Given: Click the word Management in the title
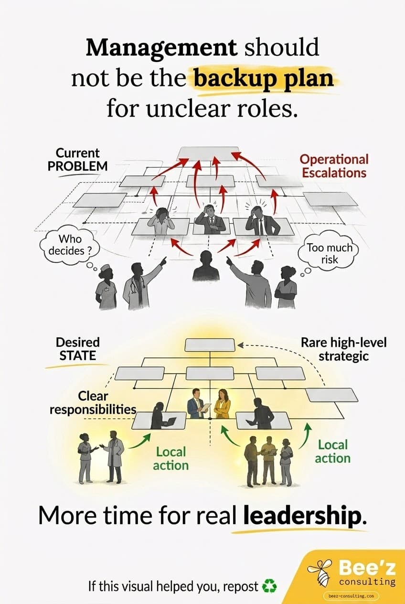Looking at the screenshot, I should pos(161,48).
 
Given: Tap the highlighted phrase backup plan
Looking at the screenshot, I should pos(264,77).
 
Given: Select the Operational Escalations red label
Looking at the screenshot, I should pos(334,165).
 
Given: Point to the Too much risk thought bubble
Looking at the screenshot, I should pos(329,253).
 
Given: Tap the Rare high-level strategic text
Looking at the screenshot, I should pos(343,349).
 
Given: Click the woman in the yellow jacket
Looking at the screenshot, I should pos(222,404).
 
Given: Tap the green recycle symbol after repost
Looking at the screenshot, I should pos(269,586).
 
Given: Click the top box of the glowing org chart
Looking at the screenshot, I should pos(210,345).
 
